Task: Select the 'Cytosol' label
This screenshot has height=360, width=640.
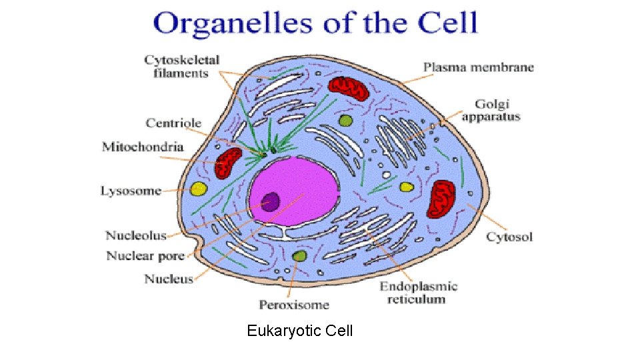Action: click(509, 237)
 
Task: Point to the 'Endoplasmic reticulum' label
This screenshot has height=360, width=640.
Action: click(419, 293)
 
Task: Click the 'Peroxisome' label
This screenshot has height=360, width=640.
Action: click(294, 305)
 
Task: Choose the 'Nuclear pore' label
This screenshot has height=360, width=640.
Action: click(145, 256)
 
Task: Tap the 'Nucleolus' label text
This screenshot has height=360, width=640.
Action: click(135, 235)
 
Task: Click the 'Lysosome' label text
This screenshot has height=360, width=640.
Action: click(131, 191)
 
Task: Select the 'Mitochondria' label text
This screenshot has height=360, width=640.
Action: click(142, 146)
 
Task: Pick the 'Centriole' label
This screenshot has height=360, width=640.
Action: click(173, 123)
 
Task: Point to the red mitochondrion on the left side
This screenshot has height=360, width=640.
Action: click(228, 163)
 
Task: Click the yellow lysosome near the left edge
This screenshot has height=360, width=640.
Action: click(198, 189)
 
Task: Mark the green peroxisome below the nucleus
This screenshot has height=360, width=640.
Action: click(299, 256)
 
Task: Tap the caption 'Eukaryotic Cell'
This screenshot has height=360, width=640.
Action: click(299, 331)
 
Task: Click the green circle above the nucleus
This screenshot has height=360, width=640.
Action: click(345, 121)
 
